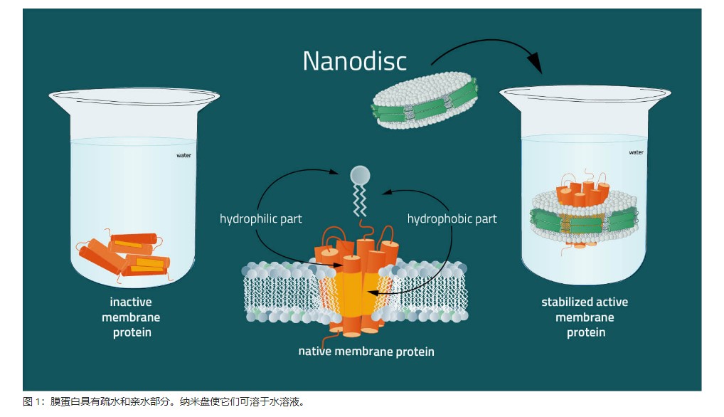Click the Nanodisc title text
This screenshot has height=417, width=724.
click(x=354, y=61)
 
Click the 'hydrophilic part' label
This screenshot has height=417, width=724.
click(x=260, y=218)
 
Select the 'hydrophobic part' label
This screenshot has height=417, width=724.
click(x=452, y=218)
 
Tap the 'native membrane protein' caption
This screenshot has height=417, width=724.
click(x=366, y=351)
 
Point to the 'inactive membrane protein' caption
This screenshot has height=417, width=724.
click(x=131, y=317)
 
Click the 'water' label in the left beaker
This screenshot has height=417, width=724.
click(x=184, y=155)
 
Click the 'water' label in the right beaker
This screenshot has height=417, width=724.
click(x=636, y=152)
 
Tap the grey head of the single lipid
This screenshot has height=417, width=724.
click(x=360, y=175)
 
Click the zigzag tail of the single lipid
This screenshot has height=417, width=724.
click(x=360, y=203)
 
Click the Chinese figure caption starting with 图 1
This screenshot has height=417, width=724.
click(x=164, y=402)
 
